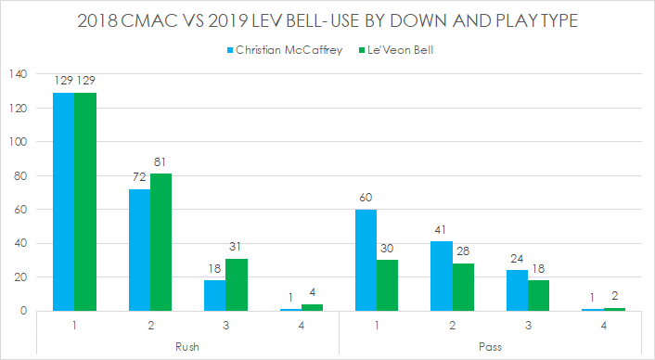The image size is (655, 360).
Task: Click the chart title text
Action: (327, 21)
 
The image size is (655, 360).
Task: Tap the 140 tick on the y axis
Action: (18, 74)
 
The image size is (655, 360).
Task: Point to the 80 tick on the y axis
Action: (20, 175)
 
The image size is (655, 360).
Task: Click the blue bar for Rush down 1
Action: (63, 201)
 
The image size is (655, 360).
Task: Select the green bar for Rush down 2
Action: (161, 242)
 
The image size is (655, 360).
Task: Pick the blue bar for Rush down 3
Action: (215, 295)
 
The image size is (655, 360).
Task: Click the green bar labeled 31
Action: (237, 284)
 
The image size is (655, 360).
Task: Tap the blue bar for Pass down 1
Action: (367, 260)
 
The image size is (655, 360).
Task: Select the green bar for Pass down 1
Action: (389, 285)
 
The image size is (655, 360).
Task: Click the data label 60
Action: (367, 198)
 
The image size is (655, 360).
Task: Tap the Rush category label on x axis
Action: (187, 346)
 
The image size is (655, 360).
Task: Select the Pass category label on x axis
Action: (491, 346)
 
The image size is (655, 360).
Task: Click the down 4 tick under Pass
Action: (605, 327)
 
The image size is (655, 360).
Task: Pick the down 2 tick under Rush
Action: (150, 327)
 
